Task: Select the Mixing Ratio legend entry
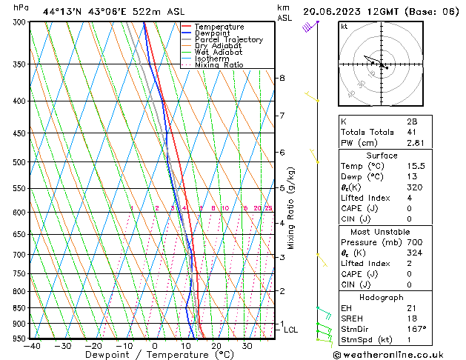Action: click(x=219, y=65)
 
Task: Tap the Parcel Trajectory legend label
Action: click(x=228, y=40)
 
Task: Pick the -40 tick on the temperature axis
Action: click(x=32, y=346)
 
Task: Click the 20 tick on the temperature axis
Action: click(x=216, y=346)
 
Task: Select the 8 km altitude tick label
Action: click(x=282, y=78)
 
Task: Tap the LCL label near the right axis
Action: click(x=291, y=330)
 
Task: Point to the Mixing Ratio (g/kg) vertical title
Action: click(x=291, y=208)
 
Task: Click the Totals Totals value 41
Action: click(x=412, y=132)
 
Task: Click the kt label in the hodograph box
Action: click(x=344, y=26)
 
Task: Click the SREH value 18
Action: click(x=412, y=318)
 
